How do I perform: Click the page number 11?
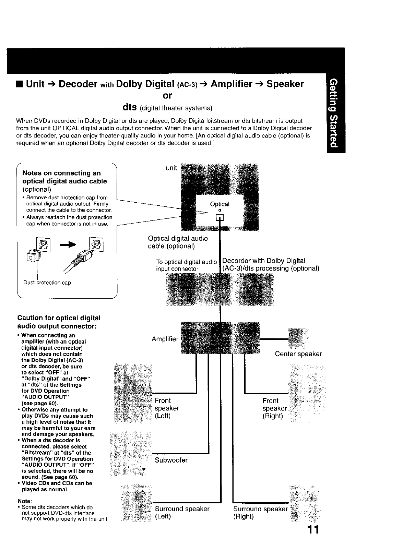313,529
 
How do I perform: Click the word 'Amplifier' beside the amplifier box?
165,339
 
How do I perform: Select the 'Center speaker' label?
298,354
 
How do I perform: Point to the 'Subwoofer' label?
171,460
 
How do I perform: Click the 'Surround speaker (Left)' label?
182,512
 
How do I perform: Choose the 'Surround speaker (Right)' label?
260,512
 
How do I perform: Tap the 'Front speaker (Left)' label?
167,408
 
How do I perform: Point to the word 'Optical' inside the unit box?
220,204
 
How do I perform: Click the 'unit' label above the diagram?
171,168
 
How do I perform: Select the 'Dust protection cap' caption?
47,283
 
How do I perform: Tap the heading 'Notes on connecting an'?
61,173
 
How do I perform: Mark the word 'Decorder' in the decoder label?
236,261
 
